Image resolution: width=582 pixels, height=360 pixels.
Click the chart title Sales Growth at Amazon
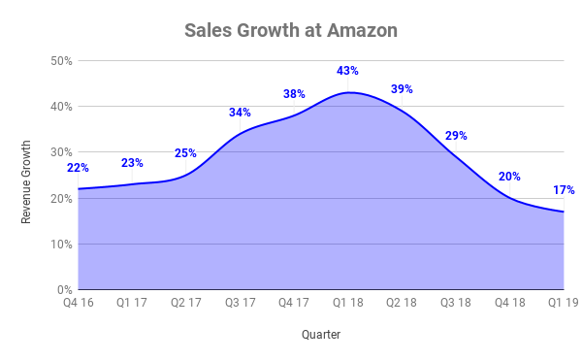coord(291,30)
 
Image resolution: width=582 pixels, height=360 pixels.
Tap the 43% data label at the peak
coord(348,71)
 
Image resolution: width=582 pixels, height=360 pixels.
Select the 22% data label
coord(79,168)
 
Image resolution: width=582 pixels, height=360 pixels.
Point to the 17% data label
coord(564,190)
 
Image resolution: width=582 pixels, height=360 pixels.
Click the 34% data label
coord(240,112)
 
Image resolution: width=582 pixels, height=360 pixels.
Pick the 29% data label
coord(456,136)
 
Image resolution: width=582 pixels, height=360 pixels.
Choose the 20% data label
coord(509,177)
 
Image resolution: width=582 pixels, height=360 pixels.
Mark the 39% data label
coord(402,89)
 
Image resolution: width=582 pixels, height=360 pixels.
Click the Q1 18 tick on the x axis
coord(348,302)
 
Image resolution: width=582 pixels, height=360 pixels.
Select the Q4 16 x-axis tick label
coord(79,302)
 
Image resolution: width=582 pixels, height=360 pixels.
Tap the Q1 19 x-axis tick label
coord(564,302)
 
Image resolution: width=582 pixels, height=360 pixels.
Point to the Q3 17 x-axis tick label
coord(241,302)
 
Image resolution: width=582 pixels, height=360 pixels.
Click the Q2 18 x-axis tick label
coord(402,302)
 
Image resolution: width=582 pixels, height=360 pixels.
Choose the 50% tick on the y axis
coord(62,61)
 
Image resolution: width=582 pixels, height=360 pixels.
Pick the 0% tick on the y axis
coord(65,290)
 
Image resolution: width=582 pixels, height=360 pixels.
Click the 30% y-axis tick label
coord(62,152)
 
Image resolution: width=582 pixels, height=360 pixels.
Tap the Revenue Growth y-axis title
coord(27,181)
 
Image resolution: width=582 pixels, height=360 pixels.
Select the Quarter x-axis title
coord(320,335)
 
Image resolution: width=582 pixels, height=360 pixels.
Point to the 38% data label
coord(294,94)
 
